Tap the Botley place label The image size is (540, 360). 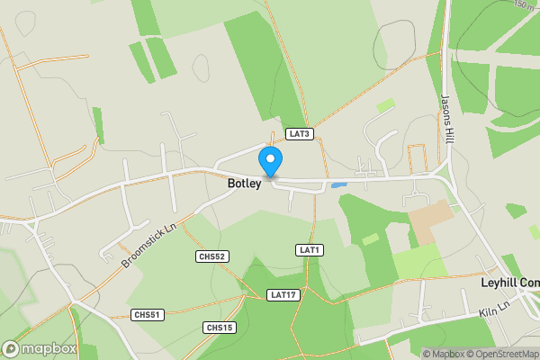(245, 184)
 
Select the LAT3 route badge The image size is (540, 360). (299, 134)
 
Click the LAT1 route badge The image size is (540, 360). (310, 249)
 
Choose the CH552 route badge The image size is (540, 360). (211, 256)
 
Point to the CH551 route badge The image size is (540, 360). (147, 314)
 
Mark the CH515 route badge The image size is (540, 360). (219, 327)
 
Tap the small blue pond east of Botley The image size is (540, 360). (339, 185)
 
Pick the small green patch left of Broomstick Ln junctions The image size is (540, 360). (97, 126)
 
